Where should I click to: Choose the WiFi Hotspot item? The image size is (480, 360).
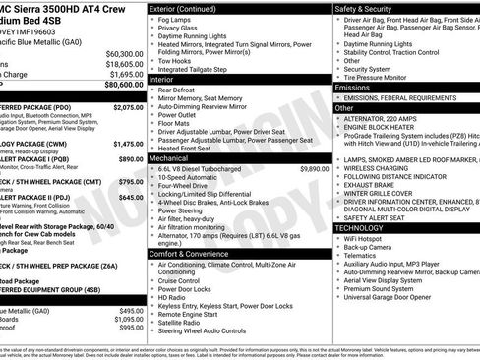click(367, 237)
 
